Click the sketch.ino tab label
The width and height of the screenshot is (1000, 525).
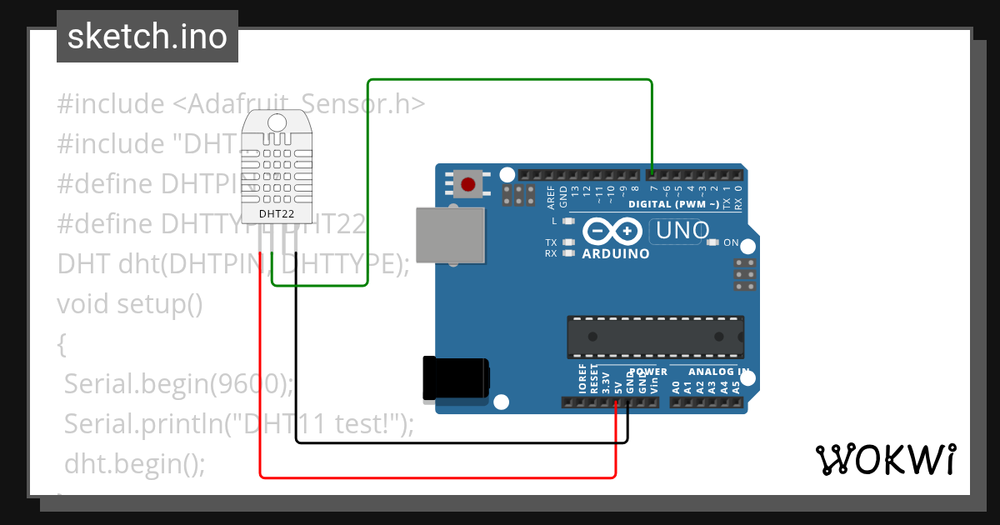tap(147, 37)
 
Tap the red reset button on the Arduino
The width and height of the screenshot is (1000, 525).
tap(468, 183)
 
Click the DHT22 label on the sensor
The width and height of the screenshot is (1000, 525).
tap(275, 214)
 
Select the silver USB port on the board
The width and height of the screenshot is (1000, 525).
tap(450, 236)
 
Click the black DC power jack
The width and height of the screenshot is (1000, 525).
tap(455, 378)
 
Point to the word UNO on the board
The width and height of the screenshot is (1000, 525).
tap(681, 230)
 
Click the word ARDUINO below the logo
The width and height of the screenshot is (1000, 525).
tap(616, 253)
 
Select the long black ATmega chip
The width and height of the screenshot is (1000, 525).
tap(655, 336)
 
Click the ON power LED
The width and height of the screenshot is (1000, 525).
tap(712, 243)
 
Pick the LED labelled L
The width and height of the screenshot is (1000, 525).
tap(569, 222)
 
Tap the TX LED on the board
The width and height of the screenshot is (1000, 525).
tap(569, 242)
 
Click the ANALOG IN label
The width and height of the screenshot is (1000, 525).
tap(717, 372)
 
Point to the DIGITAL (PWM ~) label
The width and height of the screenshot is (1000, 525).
tap(673, 204)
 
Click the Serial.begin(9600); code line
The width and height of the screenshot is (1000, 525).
tap(178, 384)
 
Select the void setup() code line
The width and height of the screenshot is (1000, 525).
tap(130, 304)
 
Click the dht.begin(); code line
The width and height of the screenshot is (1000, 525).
tap(134, 462)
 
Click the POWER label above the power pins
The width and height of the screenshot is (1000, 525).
tap(648, 372)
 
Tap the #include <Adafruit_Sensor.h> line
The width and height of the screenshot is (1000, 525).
tap(242, 104)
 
